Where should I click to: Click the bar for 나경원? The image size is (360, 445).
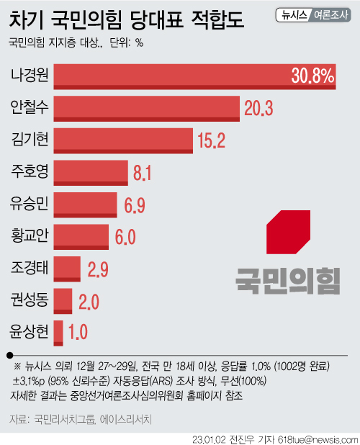point(194,76)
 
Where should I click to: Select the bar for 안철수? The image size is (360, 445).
point(146,109)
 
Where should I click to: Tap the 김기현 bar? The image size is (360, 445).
point(123,140)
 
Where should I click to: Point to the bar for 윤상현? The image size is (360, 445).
point(58,333)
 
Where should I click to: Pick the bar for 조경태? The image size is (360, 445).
point(67,269)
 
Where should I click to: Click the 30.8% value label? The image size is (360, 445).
point(312,76)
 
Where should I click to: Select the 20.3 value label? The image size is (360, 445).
point(258,108)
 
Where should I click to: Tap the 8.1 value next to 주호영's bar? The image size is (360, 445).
point(142,172)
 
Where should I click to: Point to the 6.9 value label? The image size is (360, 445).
point(135,205)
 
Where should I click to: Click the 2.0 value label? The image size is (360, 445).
point(89,302)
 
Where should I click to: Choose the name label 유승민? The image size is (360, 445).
point(29,204)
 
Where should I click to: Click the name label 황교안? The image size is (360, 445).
point(30,235)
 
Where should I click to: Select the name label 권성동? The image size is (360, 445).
point(30,300)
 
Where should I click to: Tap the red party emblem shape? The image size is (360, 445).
point(288,232)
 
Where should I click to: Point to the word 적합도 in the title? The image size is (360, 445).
point(217,20)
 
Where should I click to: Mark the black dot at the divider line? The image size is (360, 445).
point(10,355)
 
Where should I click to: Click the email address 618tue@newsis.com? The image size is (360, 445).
point(318,439)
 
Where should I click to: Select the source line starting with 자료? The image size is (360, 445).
point(81,419)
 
